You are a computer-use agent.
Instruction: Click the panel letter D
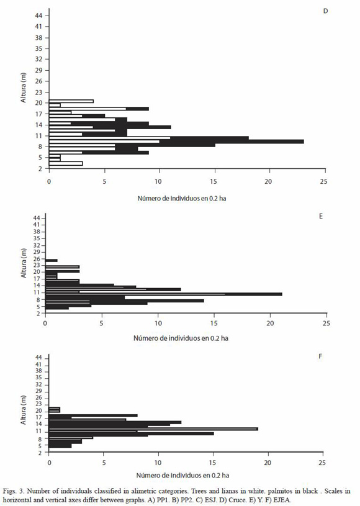(x=325, y=11)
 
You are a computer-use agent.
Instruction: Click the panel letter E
(x=321, y=216)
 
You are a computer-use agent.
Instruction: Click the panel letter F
(x=320, y=356)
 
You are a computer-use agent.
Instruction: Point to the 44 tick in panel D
(x=38, y=16)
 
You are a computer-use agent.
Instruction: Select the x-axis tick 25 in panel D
(x=324, y=181)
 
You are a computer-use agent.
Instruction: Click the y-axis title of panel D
(x=23, y=88)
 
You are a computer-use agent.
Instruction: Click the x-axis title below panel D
(x=182, y=199)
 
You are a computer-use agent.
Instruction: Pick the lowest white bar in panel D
(x=66, y=164)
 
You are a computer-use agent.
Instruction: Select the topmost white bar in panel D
(x=71, y=101)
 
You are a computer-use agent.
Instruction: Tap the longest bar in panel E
(x=164, y=294)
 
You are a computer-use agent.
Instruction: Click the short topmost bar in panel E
(x=52, y=260)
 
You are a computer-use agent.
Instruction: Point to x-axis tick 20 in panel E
(x=270, y=323)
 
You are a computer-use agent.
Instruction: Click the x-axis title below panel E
(x=181, y=338)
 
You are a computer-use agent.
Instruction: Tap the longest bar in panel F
(x=153, y=429)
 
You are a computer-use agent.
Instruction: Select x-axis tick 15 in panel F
(x=214, y=463)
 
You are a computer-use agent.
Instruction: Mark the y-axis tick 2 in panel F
(x=40, y=453)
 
